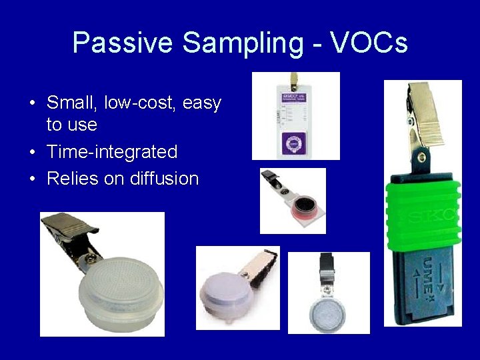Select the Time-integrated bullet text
[x=112, y=152]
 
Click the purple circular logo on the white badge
[x=295, y=143]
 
